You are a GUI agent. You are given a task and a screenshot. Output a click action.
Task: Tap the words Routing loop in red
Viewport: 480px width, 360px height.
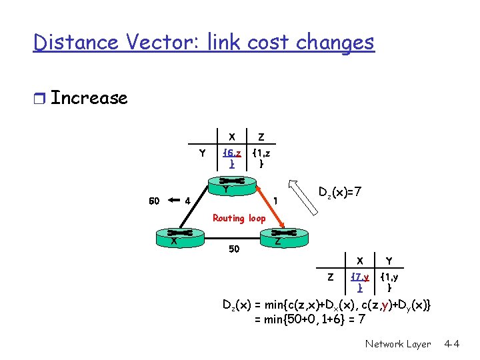239,218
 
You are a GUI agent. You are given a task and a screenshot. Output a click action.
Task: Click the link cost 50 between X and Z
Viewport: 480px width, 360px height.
234,249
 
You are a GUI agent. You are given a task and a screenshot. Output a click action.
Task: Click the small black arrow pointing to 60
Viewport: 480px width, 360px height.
174,199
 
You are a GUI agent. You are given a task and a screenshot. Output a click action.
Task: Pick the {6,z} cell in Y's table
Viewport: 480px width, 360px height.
231,159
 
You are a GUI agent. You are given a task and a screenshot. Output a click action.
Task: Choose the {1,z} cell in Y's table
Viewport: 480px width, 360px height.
261,159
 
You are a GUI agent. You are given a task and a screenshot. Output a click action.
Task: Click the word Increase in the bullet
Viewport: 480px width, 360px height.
89,98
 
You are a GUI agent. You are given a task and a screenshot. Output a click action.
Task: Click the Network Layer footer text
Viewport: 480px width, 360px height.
398,344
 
